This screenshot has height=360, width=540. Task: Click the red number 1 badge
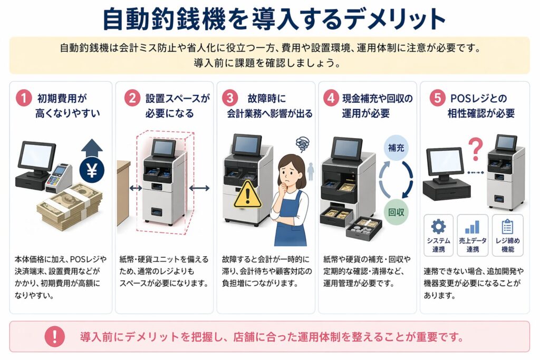click(x=24, y=98)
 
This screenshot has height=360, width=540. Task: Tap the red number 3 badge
click(x=230, y=98)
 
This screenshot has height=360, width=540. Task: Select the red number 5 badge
click(x=438, y=98)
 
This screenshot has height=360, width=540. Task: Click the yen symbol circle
click(x=92, y=170)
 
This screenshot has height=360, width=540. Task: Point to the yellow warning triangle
click(x=248, y=195)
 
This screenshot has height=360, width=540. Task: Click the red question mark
click(x=476, y=149)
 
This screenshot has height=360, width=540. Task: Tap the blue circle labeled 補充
click(x=397, y=148)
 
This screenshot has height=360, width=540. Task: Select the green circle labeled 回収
click(x=396, y=212)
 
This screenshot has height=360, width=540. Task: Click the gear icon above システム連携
click(x=438, y=227)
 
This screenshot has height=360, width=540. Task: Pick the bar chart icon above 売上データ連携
click(x=472, y=227)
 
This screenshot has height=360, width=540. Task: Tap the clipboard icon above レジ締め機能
click(x=507, y=227)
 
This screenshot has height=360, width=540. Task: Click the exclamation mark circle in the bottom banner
click(x=55, y=336)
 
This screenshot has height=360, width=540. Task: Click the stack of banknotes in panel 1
click(x=70, y=207)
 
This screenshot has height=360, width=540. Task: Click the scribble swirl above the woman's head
click(x=302, y=144)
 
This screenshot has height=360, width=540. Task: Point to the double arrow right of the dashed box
click(x=199, y=188)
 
